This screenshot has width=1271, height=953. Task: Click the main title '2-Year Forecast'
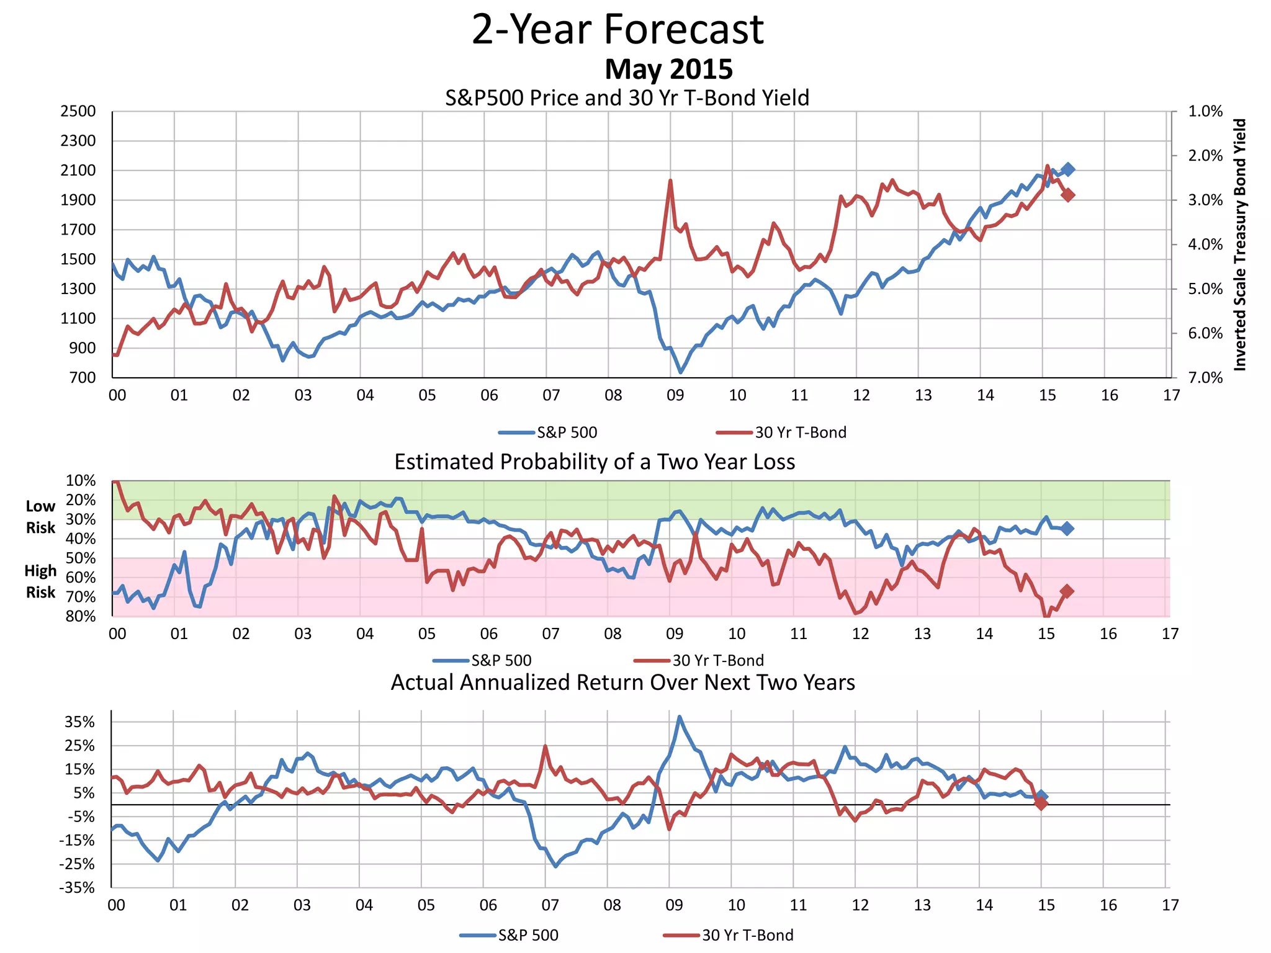618,29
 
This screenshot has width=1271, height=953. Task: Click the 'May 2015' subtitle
668,69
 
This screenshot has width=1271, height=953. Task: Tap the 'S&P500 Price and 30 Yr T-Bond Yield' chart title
627,98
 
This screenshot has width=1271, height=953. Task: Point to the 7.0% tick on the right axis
1205,378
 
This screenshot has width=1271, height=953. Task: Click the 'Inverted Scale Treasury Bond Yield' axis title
1239,245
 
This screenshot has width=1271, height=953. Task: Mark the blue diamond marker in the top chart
1067,169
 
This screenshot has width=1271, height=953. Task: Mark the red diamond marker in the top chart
1067,195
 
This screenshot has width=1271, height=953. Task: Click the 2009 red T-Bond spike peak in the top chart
670,181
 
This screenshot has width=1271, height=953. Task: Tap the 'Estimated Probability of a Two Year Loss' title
595,462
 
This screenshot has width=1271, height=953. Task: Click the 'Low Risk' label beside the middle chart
40,517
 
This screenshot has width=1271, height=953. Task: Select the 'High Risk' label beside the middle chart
40,581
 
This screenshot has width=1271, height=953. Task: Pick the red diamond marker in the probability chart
1067,591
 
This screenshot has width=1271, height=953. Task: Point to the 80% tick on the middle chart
81,616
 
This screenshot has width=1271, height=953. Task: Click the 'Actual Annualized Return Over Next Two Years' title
622,682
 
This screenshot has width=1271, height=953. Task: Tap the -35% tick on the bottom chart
77,888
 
